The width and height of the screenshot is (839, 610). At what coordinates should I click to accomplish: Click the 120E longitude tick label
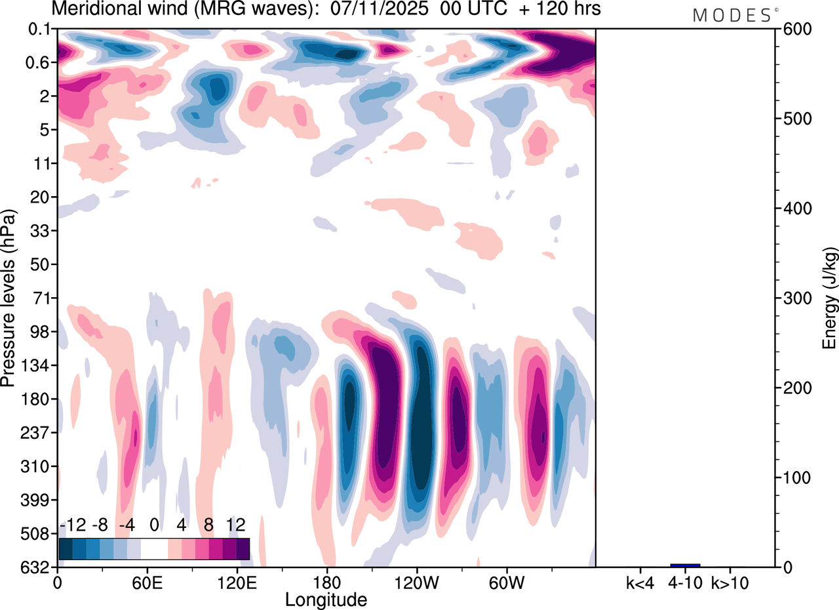(x=237, y=582)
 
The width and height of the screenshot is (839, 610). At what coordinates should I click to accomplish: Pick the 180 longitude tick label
(x=326, y=582)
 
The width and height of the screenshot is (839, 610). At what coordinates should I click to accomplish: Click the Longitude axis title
(x=326, y=599)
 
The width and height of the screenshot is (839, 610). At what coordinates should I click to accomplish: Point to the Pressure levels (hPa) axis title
(x=9, y=298)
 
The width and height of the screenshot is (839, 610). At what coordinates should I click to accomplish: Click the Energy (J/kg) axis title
(x=829, y=298)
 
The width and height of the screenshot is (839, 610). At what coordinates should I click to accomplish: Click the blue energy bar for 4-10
(x=685, y=565)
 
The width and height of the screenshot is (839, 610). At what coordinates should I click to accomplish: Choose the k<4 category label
(x=640, y=582)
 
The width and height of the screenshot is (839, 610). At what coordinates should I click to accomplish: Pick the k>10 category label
(x=730, y=582)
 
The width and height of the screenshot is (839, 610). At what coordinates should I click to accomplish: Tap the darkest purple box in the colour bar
(x=243, y=548)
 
